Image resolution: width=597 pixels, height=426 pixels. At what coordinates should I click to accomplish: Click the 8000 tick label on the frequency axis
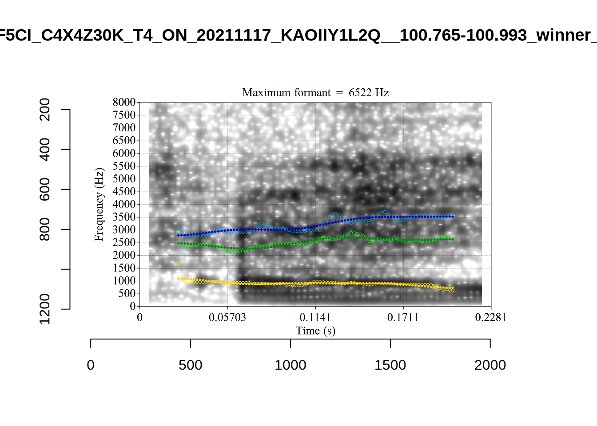pyautogui.click(x=124, y=102)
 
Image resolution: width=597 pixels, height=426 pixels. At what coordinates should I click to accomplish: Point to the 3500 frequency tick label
pyautogui.click(x=124, y=217)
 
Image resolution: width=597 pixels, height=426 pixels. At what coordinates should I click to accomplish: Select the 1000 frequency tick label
pyautogui.click(x=124, y=281)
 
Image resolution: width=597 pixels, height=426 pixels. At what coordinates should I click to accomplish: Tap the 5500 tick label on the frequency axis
pyautogui.click(x=124, y=166)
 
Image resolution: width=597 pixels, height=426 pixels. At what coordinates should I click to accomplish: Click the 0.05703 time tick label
pyautogui.click(x=227, y=318)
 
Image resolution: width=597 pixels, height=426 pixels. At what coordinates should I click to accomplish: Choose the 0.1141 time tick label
pyautogui.click(x=315, y=318)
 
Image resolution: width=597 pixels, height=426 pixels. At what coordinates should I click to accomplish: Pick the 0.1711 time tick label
pyautogui.click(x=403, y=318)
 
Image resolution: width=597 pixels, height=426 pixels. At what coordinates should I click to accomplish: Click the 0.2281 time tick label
pyautogui.click(x=490, y=318)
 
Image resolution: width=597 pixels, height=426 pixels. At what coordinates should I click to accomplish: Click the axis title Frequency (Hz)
pyautogui.click(x=99, y=204)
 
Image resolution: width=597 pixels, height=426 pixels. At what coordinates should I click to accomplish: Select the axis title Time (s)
pyautogui.click(x=315, y=331)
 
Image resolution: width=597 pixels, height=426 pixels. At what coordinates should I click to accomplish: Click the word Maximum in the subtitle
pyautogui.click(x=264, y=93)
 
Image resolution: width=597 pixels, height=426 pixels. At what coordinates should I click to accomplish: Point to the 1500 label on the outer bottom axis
pyautogui.click(x=390, y=365)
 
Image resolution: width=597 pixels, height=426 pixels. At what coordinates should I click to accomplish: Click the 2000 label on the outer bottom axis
pyautogui.click(x=490, y=365)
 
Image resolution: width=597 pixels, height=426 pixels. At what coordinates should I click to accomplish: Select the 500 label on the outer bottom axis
pyautogui.click(x=191, y=365)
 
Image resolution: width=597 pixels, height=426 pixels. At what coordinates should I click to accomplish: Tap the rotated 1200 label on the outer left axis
pyautogui.click(x=45, y=309)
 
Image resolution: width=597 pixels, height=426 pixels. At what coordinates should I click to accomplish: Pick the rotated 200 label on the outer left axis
pyautogui.click(x=45, y=110)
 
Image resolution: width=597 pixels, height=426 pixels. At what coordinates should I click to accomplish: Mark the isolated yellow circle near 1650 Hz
pyautogui.click(x=179, y=264)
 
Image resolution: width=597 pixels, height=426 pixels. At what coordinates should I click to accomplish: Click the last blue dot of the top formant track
pyautogui.click(x=453, y=217)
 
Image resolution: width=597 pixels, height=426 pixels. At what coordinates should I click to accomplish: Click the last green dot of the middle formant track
pyautogui.click(x=453, y=240)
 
